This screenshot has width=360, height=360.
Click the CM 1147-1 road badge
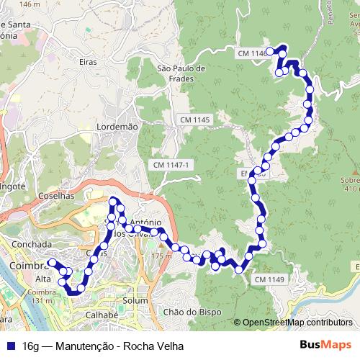click(171, 165)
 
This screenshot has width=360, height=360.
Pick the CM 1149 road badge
click(269, 279)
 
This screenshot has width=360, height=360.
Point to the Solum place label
click(135, 300)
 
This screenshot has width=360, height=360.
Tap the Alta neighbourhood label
click(43, 279)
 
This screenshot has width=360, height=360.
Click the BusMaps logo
click(326, 346)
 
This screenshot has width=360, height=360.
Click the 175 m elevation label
click(162, 255)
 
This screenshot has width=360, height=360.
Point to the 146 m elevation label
click(30, 4)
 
